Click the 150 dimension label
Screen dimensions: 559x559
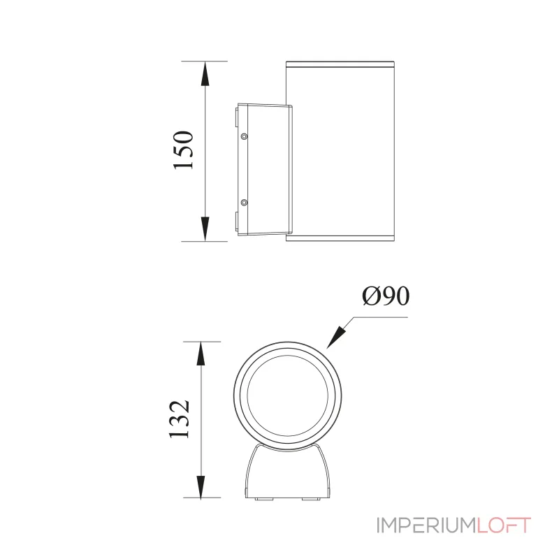tap(182, 150)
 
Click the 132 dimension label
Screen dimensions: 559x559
tap(180, 419)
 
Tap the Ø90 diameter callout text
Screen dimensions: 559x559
tap(385, 297)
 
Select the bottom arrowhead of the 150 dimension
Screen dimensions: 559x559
tap(205, 231)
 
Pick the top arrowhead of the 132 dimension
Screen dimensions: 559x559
tap(201, 354)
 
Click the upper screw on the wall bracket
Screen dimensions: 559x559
tap(244, 137)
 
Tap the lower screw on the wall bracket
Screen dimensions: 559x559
tap(244, 203)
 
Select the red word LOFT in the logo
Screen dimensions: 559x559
tap(504, 525)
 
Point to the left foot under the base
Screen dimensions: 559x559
tap(263, 499)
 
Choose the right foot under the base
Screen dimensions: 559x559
tap(309, 499)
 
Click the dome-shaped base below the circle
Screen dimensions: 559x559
tap(286, 475)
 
